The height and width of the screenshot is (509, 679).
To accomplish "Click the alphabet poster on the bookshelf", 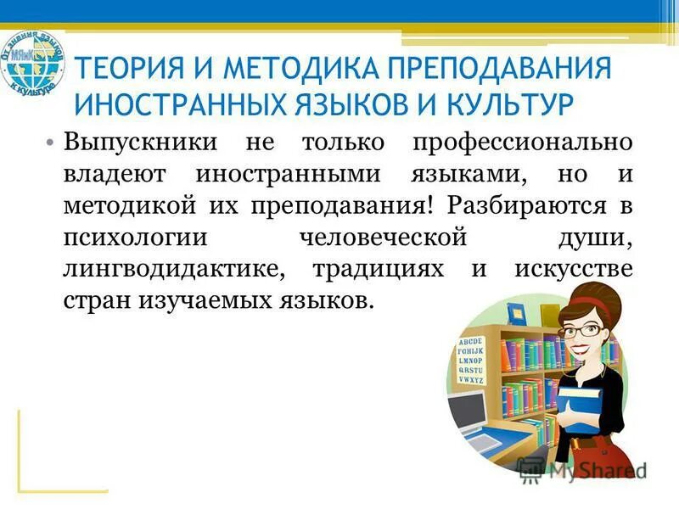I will click(x=472, y=361).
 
